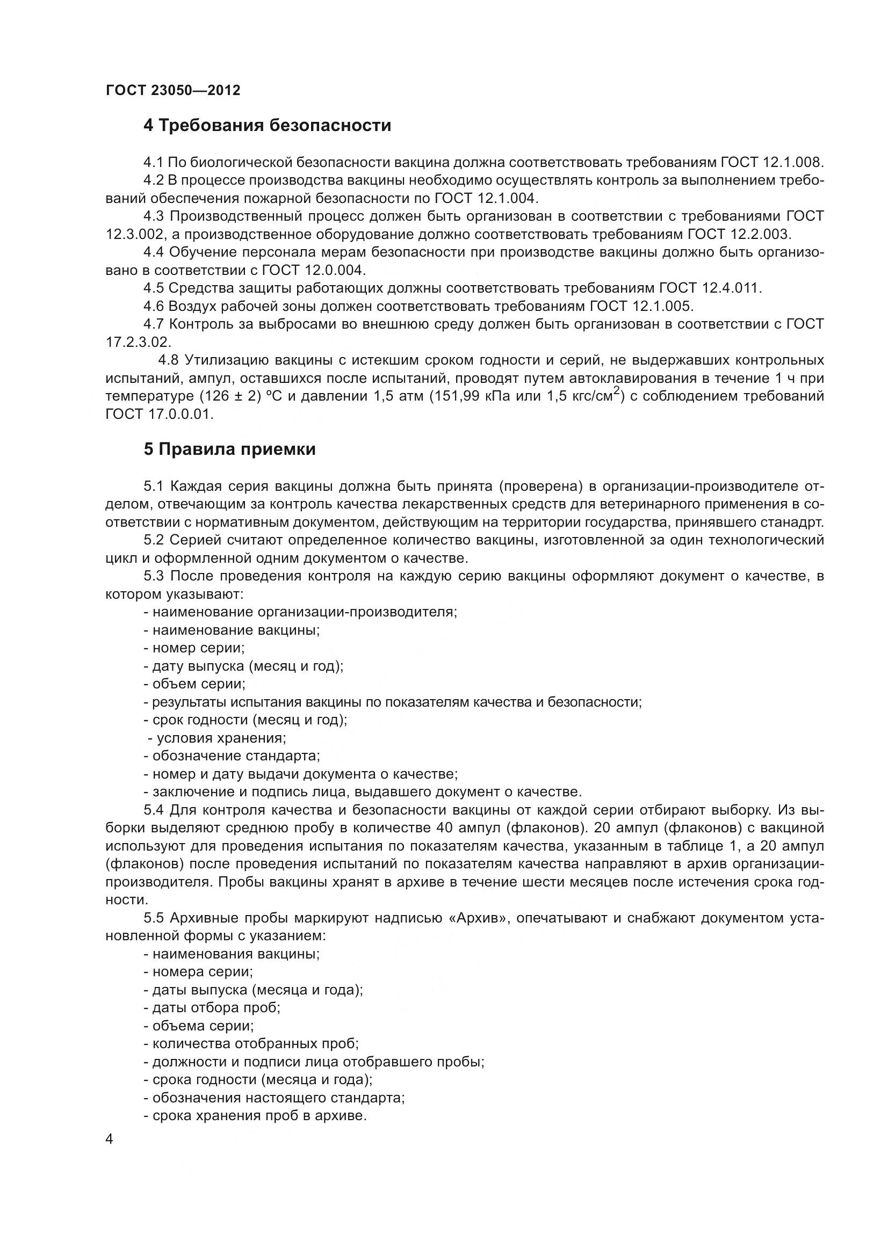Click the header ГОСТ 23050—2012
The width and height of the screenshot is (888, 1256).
(x=173, y=90)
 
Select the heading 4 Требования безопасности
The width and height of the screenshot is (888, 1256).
(x=267, y=126)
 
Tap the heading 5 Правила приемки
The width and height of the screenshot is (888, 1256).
(x=229, y=449)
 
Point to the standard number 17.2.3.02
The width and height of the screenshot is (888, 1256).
(x=138, y=343)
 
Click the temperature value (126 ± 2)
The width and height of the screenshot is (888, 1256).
(x=230, y=397)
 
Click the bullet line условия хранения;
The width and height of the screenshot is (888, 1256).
(x=216, y=738)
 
